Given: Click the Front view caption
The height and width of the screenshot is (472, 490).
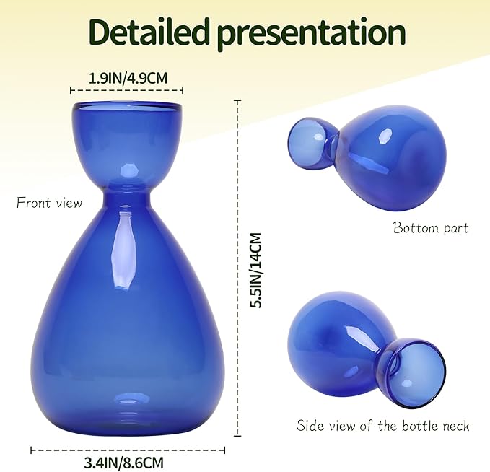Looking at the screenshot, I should pyautogui.click(x=49, y=203).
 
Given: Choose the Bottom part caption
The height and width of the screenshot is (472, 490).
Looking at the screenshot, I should pyautogui.click(x=430, y=228).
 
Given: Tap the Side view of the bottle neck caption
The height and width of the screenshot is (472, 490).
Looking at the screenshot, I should pyautogui.click(x=382, y=425).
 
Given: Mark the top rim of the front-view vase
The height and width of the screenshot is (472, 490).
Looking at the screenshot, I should pyautogui.click(x=127, y=107).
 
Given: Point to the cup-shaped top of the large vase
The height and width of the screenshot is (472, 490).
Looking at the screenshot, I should pyautogui.click(x=127, y=141).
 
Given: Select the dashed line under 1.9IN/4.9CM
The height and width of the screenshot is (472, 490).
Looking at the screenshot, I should pyautogui.click(x=126, y=91).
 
